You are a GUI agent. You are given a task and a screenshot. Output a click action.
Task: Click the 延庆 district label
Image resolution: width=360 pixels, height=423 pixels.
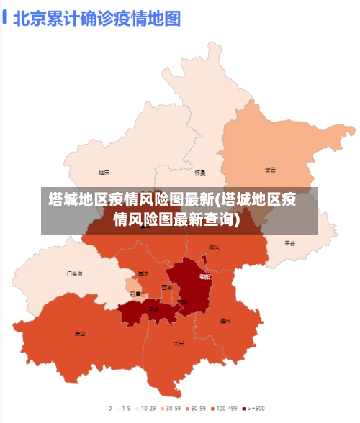click(x=104, y=172)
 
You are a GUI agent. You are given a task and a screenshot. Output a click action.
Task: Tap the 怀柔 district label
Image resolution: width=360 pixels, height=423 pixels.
click(x=200, y=173)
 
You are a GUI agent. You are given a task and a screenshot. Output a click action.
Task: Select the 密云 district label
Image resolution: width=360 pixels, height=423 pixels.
click(x=271, y=170)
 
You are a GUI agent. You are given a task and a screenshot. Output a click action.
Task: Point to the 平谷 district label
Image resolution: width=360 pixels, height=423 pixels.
click(x=290, y=243)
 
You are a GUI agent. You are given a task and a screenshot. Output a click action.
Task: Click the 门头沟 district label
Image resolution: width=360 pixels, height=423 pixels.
click(x=74, y=273)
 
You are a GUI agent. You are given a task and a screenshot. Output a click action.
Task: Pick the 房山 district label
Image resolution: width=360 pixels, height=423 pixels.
click(x=80, y=334)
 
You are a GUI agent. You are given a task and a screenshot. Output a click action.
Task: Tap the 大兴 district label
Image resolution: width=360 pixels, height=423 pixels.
click(x=179, y=343)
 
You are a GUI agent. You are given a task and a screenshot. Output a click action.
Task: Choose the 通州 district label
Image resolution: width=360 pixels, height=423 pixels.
click(x=225, y=321)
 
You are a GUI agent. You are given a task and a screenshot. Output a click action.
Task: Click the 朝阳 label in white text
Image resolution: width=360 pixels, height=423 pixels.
click(x=205, y=276)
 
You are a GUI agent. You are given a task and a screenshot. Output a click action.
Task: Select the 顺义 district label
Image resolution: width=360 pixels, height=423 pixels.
click(x=214, y=247)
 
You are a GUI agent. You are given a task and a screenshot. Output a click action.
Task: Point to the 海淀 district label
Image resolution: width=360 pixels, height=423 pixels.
click(x=143, y=274)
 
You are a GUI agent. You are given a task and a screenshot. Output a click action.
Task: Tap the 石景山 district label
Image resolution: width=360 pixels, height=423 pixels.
click(x=137, y=294)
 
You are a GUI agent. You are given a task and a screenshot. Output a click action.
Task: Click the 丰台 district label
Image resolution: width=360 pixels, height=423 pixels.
click(x=153, y=309)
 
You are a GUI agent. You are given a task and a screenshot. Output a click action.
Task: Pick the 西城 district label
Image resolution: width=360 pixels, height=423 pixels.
click(x=167, y=287)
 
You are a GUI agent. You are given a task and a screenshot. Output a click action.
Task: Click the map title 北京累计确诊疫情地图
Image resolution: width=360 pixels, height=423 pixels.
click(x=96, y=17)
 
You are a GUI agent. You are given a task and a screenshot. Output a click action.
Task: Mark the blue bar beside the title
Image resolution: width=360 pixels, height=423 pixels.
click(x=5, y=17)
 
